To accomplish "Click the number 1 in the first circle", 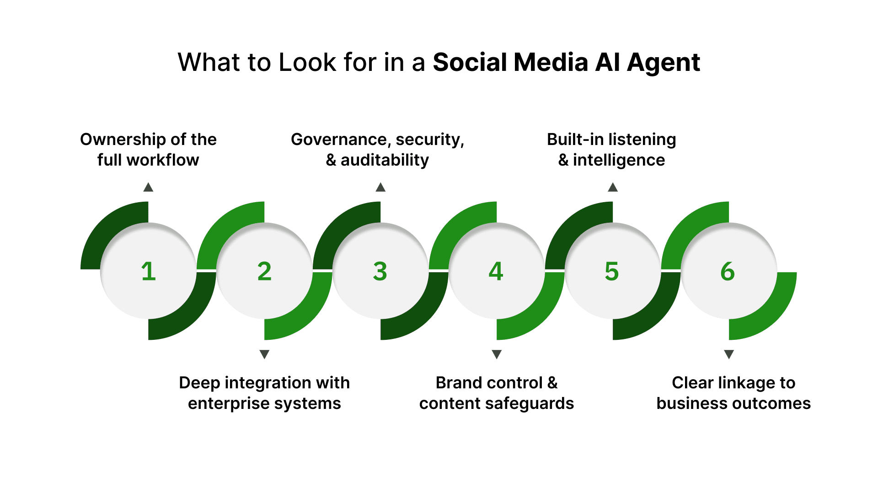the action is [x=148, y=271].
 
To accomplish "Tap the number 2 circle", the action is [x=264, y=271].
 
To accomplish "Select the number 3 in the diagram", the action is [x=380, y=271].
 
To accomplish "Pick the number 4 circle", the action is [x=497, y=271].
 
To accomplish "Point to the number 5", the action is [x=612, y=271].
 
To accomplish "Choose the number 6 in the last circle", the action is [x=728, y=271].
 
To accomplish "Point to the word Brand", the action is [x=459, y=382].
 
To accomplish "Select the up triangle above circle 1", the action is [x=148, y=187].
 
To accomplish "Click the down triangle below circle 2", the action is [x=264, y=354].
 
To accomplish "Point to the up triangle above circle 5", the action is [x=613, y=187].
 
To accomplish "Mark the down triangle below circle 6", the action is [x=729, y=354].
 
